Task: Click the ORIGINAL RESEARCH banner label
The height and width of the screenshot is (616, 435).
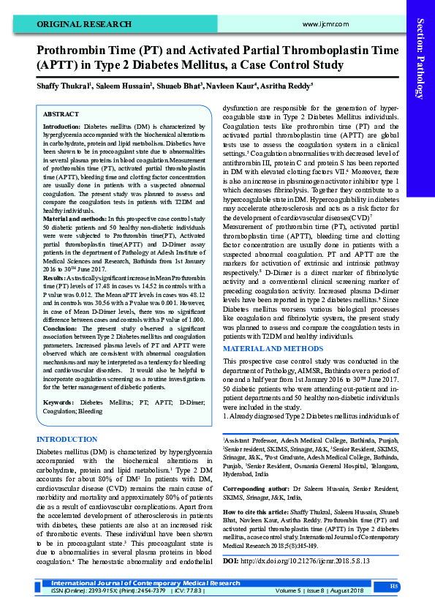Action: (75, 24)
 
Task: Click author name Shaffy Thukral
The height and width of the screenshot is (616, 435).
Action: (63, 86)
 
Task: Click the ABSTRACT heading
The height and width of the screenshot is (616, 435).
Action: (61, 115)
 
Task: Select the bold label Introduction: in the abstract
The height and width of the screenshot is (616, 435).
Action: (62, 127)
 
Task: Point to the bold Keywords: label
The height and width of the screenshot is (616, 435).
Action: (58, 402)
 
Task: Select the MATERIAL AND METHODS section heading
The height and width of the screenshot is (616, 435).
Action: (273, 348)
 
